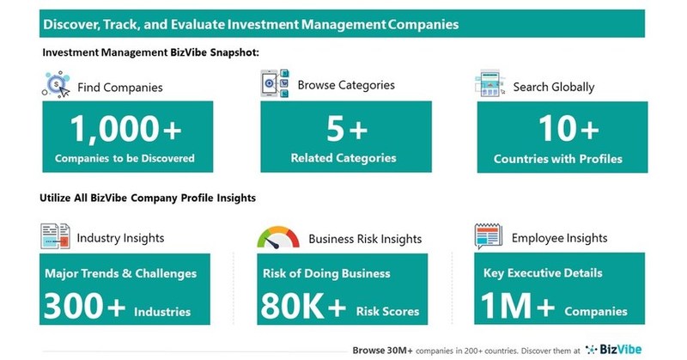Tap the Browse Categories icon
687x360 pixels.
tap(274, 84)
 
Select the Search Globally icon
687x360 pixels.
tap(489, 84)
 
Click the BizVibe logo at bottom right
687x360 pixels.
tap(617, 349)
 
